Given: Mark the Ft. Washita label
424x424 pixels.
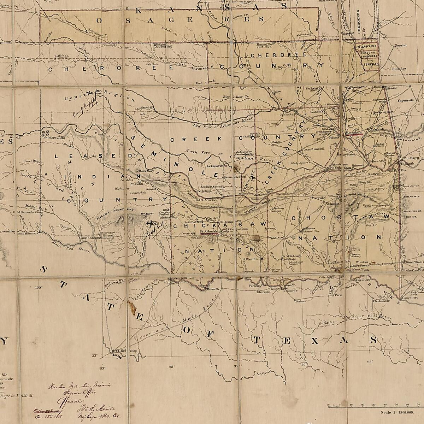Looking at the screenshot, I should tap(250, 259).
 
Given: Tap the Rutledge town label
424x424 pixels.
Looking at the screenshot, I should tap(399, 69).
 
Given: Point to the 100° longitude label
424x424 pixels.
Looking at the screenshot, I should tap(39, 288).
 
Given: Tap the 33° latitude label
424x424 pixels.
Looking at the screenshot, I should tap(94, 355).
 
